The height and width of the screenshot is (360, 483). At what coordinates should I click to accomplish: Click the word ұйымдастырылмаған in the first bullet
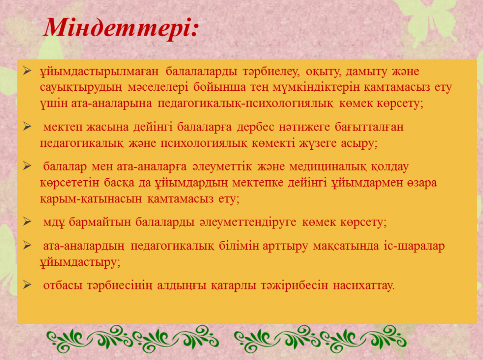pos(99,72)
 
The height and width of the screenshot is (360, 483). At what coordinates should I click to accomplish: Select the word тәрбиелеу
pos(270,72)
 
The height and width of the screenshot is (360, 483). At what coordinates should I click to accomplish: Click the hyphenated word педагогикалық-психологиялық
pos(245,104)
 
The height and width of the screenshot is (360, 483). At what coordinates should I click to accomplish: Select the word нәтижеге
pos(304,127)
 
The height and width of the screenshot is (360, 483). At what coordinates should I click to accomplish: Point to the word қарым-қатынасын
pos(91,199)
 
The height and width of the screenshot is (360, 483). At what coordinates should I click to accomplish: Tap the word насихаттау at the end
pos(364,286)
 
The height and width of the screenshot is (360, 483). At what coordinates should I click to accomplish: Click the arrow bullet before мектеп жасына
pos(27,126)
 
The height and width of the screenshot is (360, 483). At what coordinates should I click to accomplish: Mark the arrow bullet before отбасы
pos(27,285)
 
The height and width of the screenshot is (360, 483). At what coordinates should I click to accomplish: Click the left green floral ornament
pos(132,339)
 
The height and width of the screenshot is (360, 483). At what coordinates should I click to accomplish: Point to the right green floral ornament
pos(320,339)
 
